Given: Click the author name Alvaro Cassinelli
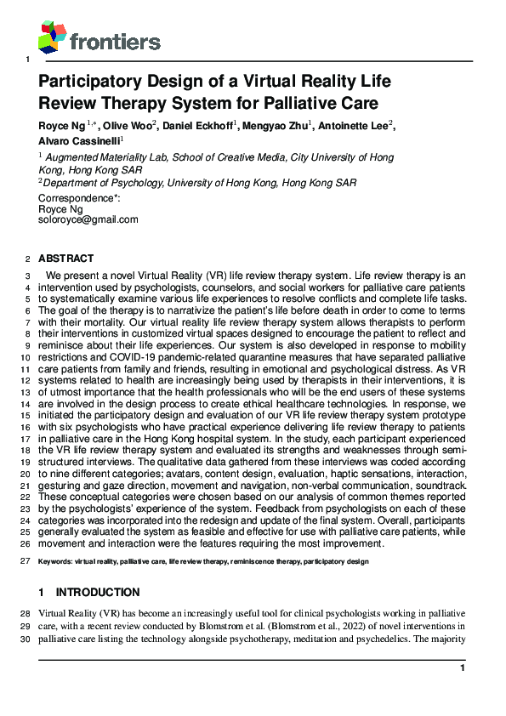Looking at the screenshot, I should click(x=80, y=140).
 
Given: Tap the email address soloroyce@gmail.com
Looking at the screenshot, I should click(x=88, y=219).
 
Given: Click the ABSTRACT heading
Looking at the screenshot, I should click(x=66, y=259).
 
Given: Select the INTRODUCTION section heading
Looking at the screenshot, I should click(x=98, y=592).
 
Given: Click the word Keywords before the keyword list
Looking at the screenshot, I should click(x=57, y=562).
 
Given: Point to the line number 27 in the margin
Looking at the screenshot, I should click(x=26, y=562).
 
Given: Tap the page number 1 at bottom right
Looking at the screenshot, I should click(x=463, y=669).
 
